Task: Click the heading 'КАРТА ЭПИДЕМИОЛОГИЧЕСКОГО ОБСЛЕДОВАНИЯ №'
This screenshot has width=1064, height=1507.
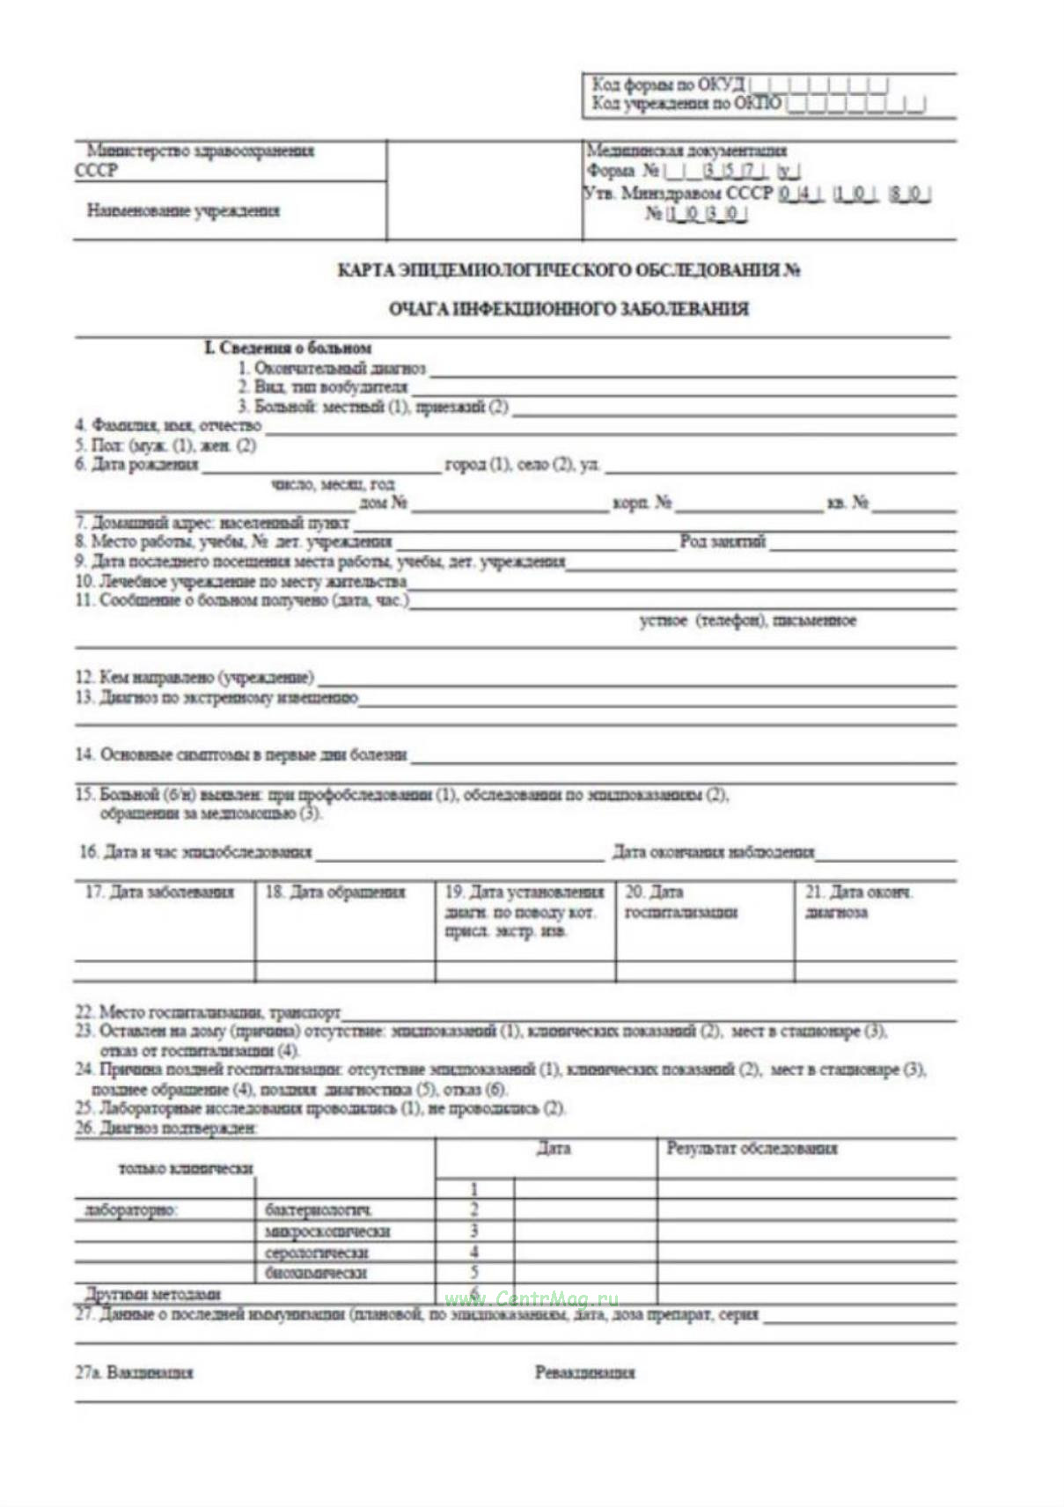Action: coord(568,270)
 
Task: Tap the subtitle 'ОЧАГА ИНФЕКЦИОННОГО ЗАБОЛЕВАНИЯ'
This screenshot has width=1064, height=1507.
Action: coord(569,309)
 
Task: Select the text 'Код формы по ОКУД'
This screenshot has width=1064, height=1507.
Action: coord(668,85)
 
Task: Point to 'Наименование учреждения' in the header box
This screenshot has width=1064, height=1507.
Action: coord(183,211)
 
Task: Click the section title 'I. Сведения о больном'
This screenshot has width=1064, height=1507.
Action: coord(288,348)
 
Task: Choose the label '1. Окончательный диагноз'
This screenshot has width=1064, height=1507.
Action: coord(331,368)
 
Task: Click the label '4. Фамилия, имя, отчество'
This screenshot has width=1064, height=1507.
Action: coord(168,426)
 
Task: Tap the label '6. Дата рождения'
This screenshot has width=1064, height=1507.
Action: coord(136,464)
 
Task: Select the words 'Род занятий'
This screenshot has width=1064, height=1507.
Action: coord(723,541)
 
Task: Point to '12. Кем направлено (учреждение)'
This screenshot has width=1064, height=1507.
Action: coord(194,677)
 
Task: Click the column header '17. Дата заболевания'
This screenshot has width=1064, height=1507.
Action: coord(159,893)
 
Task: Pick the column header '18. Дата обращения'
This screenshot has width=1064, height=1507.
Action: coord(335,893)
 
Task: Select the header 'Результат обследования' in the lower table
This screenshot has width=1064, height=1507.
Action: coord(752,1149)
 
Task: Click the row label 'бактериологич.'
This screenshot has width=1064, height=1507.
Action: coord(318,1210)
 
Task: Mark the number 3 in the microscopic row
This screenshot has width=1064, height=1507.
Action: coord(474,1231)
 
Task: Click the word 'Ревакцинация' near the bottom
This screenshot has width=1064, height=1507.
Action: coord(584,1372)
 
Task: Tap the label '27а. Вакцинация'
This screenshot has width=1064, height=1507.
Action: coord(134,1372)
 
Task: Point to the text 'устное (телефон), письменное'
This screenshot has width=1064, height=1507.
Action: coord(747,621)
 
